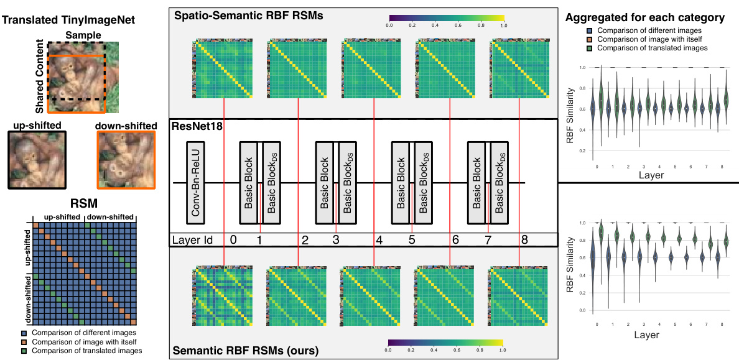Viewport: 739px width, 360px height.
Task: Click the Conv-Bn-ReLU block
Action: pos(195,182)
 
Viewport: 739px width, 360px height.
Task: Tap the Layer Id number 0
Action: pos(233,239)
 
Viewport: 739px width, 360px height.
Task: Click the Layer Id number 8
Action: pos(524,239)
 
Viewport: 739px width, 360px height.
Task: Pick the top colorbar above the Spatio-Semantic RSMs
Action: pos(446,19)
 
